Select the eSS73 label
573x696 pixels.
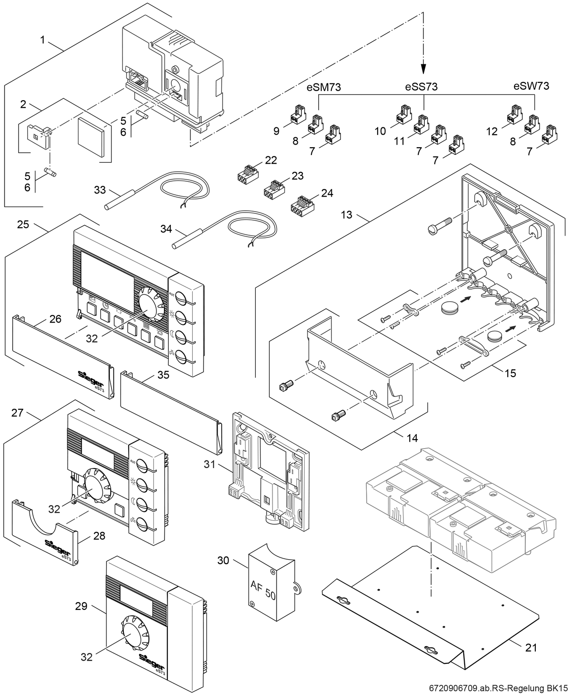421,87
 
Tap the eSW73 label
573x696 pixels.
531,86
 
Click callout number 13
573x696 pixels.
346,214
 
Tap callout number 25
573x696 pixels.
23,224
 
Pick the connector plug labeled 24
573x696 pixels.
300,205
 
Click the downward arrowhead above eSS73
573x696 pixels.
422,68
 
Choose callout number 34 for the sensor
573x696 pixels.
166,229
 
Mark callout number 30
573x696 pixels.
223,561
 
